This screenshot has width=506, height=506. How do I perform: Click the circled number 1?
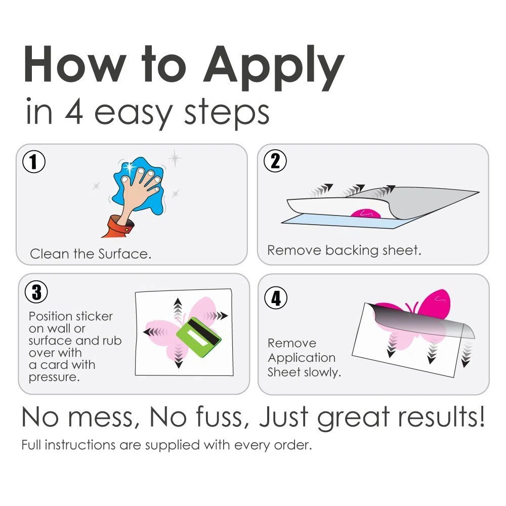[x=34, y=161]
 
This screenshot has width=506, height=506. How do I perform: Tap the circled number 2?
[x=275, y=161]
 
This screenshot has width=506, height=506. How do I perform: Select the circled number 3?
[x=36, y=292]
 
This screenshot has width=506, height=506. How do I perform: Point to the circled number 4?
[x=276, y=298]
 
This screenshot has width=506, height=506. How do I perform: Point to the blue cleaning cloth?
[x=139, y=184]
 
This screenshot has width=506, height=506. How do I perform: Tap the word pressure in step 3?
[x=54, y=377]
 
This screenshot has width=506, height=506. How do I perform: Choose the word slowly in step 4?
[x=322, y=372]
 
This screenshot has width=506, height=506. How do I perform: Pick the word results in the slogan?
[x=441, y=417]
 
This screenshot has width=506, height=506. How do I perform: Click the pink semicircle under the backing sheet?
[x=366, y=214]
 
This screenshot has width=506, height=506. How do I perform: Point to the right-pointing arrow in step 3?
[x=215, y=315]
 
